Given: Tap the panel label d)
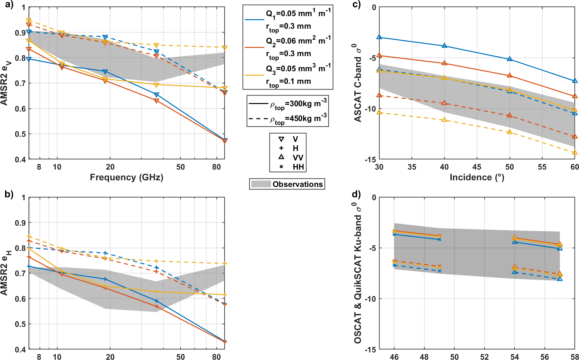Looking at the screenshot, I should tap(356, 194).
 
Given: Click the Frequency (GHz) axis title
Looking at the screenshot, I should tap(126, 177).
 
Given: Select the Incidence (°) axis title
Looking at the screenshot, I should tap(477, 177).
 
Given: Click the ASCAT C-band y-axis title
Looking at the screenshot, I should tap(358, 83).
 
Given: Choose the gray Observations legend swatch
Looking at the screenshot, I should tap(261, 184).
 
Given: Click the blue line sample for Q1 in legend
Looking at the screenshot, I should tap(254, 20).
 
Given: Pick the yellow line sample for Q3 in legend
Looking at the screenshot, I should tap(254, 75).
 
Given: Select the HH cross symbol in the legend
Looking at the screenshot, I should tap(281, 167).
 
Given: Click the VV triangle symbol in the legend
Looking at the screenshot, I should tap(281, 157).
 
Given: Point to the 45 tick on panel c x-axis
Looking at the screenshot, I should tap(477, 167).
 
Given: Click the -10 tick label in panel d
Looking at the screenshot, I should tap(371, 299).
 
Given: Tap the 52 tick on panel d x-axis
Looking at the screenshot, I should tap(484, 357).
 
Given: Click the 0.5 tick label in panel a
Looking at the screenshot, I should tap(20, 134).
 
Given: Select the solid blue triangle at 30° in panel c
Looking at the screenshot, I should tap(379, 37).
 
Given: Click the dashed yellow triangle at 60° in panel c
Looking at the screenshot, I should tap(575, 153).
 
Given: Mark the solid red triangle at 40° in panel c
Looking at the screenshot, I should tap(444, 63).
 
